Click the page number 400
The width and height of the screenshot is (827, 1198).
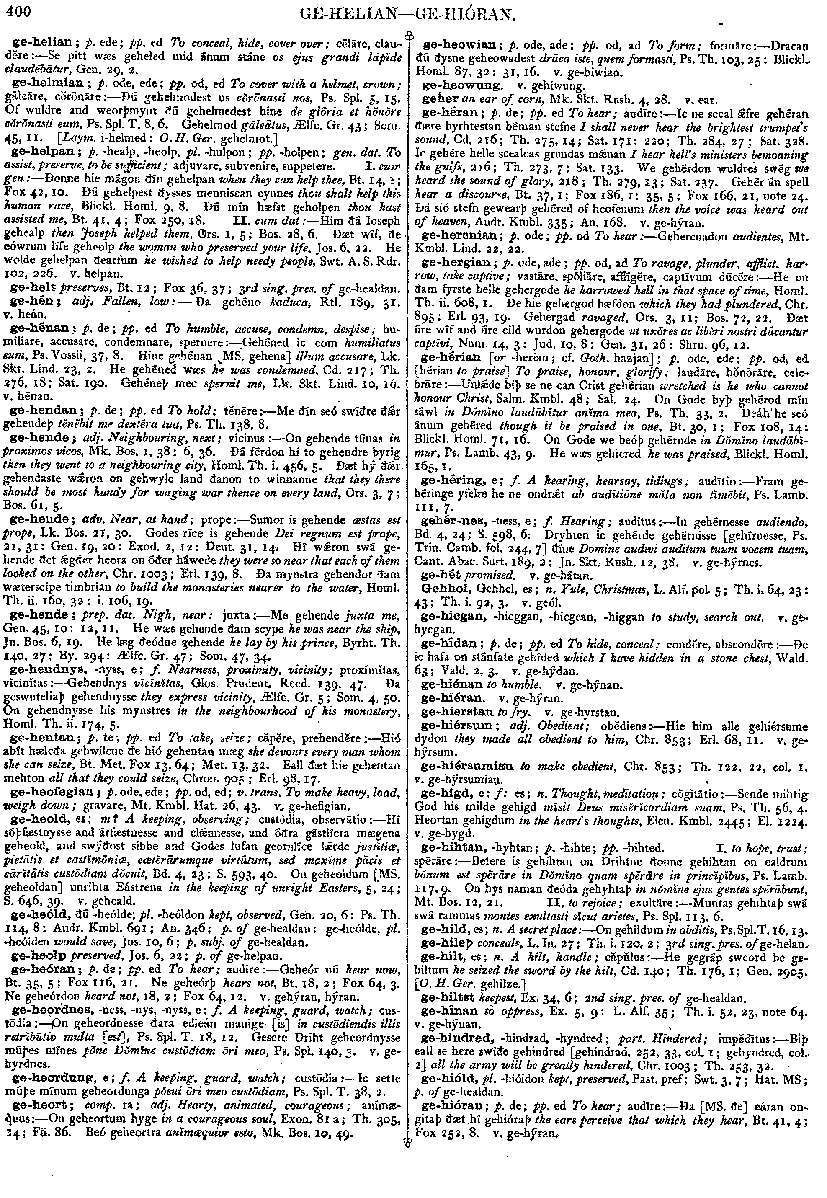tap(17, 11)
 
